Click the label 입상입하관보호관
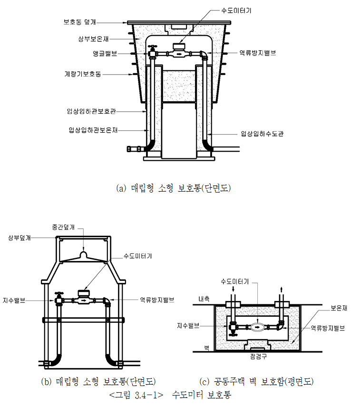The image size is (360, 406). pyautogui.click(x=91, y=111)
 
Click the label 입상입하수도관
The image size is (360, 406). pyautogui.click(x=262, y=134)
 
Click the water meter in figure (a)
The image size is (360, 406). pyautogui.click(x=179, y=48)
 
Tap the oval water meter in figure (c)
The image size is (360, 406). pyautogui.click(x=257, y=327)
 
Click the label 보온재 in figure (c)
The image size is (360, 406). pyautogui.click(x=340, y=309)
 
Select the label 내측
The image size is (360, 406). pyautogui.click(x=201, y=300)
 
